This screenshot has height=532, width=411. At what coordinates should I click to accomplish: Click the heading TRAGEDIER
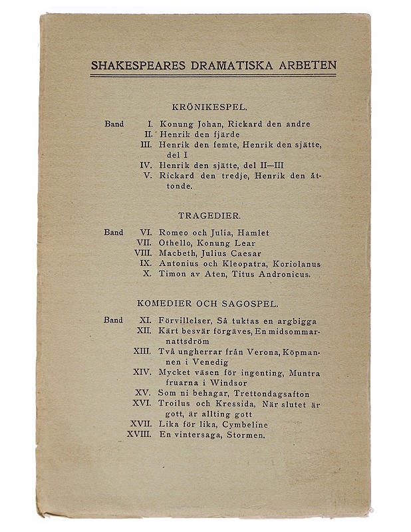point(209,215)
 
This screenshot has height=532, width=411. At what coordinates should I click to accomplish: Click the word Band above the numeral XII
point(113,320)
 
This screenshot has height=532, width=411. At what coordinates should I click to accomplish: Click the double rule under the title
point(213,76)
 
